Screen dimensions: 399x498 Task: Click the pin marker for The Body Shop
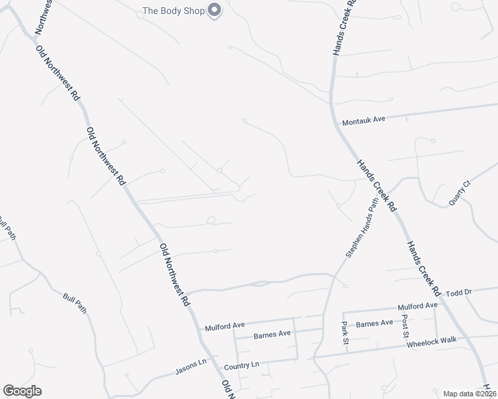point(214,11)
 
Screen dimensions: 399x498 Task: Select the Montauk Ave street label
point(364,121)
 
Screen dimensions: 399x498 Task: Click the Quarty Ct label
point(459,193)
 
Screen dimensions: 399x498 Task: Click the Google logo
point(22,390)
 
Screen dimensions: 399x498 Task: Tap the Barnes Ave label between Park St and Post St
point(374,323)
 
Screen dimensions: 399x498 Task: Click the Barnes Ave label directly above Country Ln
point(272,334)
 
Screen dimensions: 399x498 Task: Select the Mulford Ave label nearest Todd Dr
point(417,306)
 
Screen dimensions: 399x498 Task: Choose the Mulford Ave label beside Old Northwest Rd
point(225,327)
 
